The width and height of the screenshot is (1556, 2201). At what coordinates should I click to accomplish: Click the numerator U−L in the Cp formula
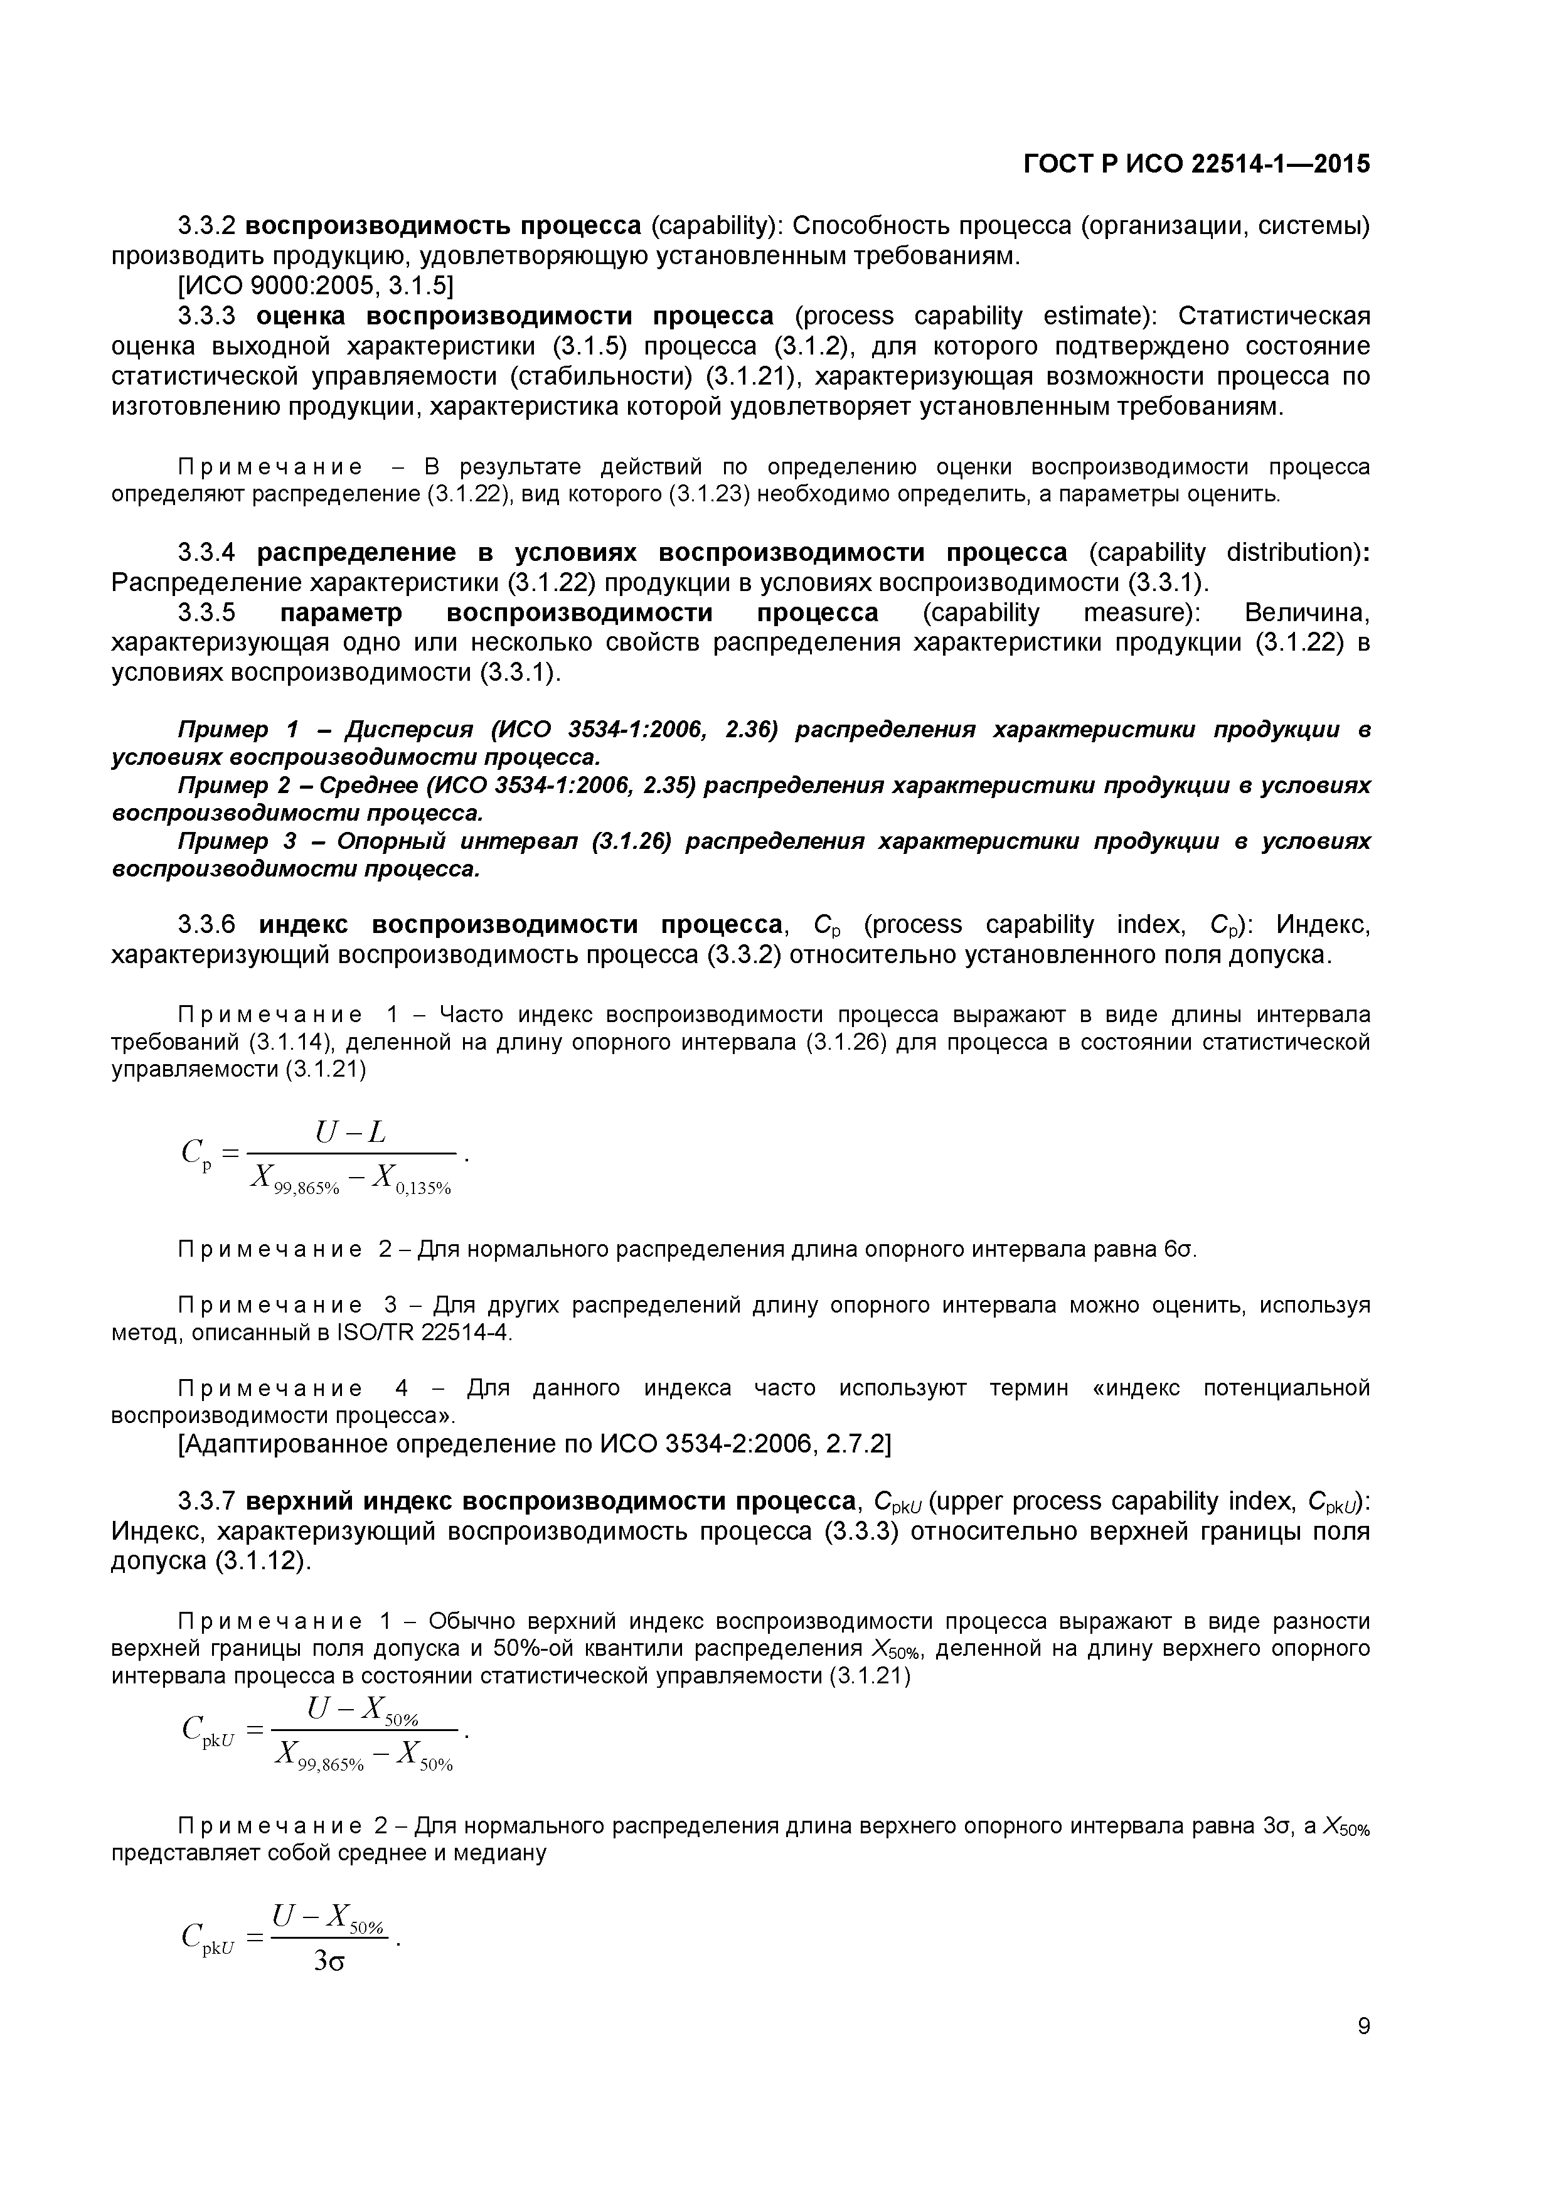pos(350,1133)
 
